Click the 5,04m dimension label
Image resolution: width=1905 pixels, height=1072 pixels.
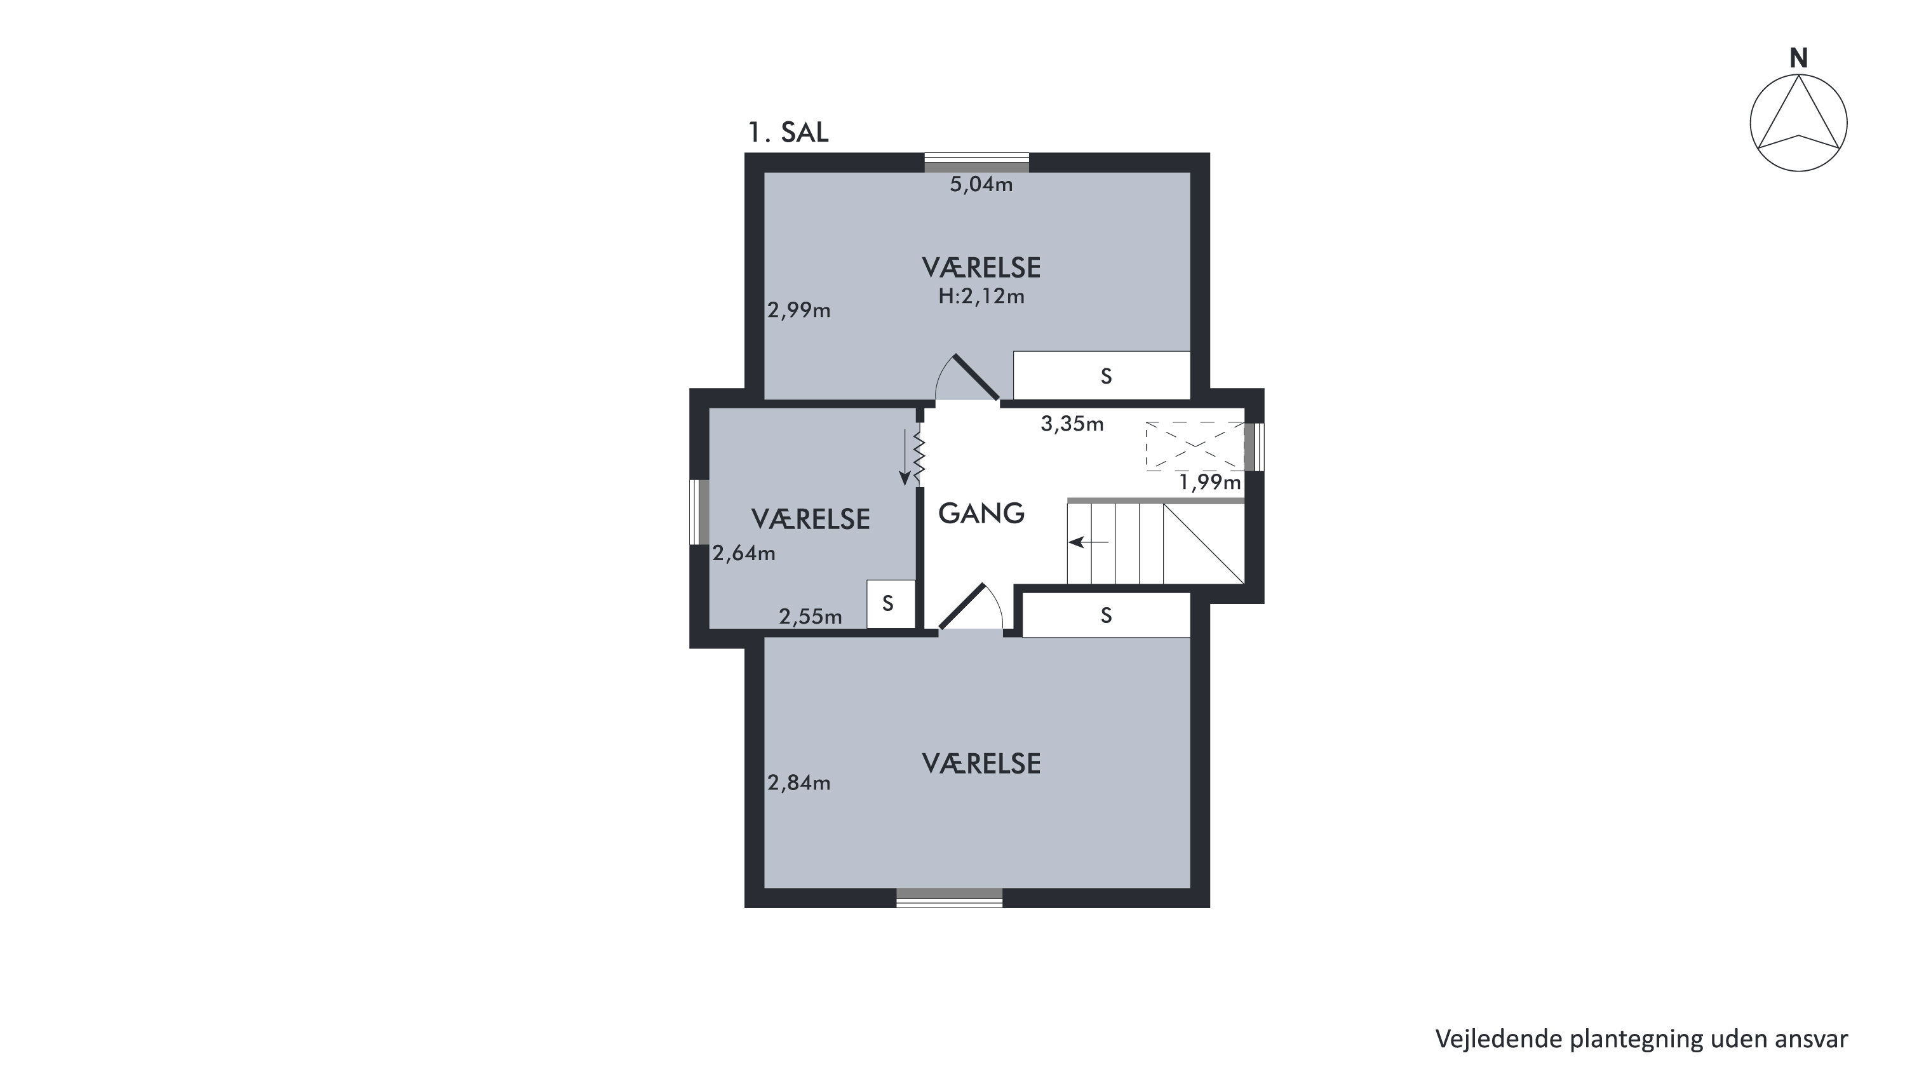pyautogui.click(x=981, y=184)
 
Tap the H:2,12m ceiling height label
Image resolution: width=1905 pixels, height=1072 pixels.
pyautogui.click(x=981, y=296)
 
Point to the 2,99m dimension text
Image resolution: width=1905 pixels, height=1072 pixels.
pyautogui.click(x=798, y=310)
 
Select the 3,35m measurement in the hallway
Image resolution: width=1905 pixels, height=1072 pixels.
pyautogui.click(x=1072, y=424)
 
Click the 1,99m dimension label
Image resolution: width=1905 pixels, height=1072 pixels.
pyautogui.click(x=1210, y=482)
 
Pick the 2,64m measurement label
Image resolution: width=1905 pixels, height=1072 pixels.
pyautogui.click(x=744, y=553)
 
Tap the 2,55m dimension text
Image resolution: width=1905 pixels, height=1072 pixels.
pyautogui.click(x=810, y=617)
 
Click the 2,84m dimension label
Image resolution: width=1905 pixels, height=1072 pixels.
pyautogui.click(x=798, y=782)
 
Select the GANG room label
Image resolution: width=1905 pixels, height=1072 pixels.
pyautogui.click(x=981, y=513)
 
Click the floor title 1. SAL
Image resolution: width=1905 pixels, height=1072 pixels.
pyautogui.click(x=788, y=132)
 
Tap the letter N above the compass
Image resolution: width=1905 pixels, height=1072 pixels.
pyautogui.click(x=1798, y=58)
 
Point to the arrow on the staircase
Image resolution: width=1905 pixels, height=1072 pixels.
pyautogui.click(x=1089, y=542)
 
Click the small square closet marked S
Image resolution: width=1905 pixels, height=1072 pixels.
pyautogui.click(x=891, y=604)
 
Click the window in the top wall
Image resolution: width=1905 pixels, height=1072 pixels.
pyautogui.click(x=977, y=163)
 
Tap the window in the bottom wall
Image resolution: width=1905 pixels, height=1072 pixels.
pyautogui.click(x=950, y=897)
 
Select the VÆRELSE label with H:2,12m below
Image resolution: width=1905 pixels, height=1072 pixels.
pyautogui.click(x=981, y=267)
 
